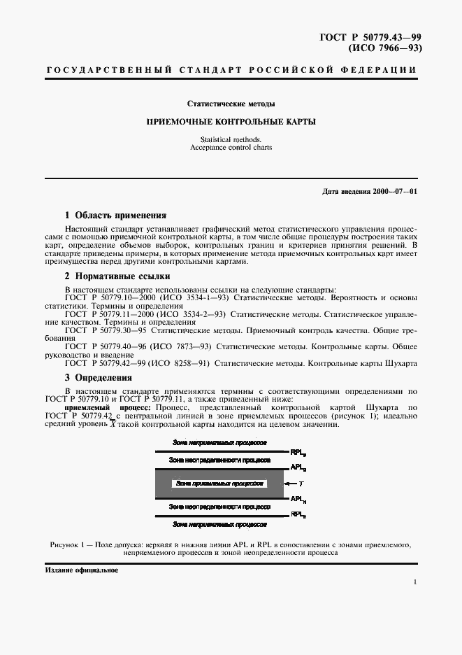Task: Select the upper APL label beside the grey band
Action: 296,467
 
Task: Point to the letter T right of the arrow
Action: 301,483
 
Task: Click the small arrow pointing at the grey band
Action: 287,483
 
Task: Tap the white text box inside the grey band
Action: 219,483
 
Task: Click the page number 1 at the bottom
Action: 415,582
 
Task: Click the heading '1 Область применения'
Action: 115,216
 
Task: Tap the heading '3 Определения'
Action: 98,378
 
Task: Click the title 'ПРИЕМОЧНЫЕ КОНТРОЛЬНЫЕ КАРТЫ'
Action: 231,122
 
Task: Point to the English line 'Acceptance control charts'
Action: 231,148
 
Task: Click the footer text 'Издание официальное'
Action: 82,570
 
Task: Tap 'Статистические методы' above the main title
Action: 231,104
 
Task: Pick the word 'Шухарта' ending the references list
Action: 399,363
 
